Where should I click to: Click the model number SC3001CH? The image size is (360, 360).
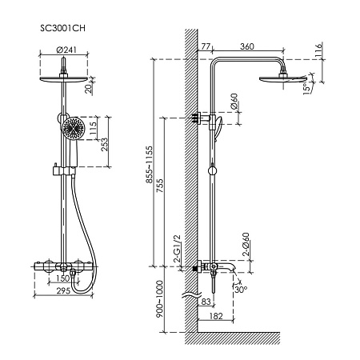coord(63,28)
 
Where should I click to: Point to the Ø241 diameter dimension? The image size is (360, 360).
coord(66,50)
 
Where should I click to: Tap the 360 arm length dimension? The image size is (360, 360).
coord(247,46)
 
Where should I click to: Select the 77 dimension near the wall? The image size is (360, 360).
coord(206,46)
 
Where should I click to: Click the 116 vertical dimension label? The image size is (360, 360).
coord(318,50)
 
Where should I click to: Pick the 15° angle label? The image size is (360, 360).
coord(308,88)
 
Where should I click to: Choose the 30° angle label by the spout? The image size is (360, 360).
coord(241,290)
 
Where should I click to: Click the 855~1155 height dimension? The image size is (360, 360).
coord(150,165)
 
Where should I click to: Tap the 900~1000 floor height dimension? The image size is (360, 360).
coord(159,299)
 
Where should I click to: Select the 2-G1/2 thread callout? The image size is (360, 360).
coord(177,249)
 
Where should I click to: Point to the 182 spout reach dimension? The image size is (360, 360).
coord(216,316)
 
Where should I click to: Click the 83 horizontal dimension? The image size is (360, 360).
coord(206,302)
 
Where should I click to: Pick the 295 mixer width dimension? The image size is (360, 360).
coord(63,290)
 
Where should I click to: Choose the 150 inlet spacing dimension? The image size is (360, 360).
coord(63,278)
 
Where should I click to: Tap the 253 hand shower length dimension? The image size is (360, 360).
coord(105,144)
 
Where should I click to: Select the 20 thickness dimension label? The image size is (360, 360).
coord(90,88)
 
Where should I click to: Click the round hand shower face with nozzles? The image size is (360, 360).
coord(73,128)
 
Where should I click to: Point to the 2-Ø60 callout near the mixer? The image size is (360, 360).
coord(246,245)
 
